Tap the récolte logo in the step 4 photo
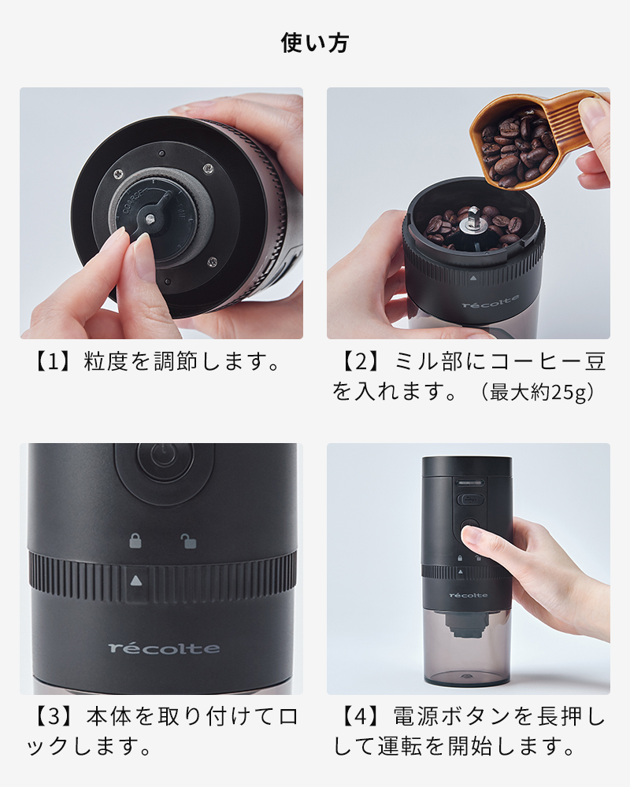tap(469, 595)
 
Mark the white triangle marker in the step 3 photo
tap(136, 580)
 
